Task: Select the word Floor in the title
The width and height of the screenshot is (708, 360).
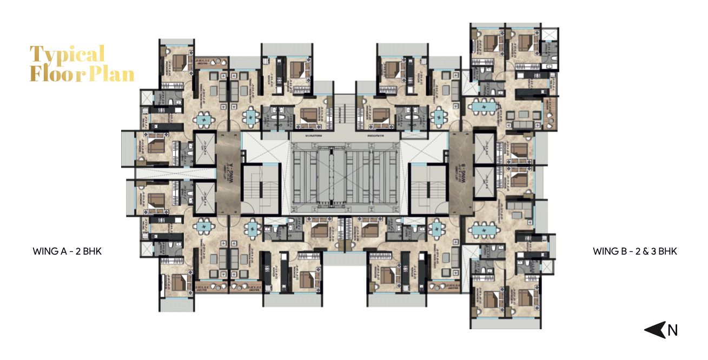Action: [x=51, y=74]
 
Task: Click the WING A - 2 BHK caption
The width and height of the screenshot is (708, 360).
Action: [x=67, y=251]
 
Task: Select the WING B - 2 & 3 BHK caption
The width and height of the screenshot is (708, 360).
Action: [x=635, y=251]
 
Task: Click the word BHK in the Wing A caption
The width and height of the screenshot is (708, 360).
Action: [x=92, y=251]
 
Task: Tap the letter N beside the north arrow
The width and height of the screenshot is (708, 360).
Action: [x=672, y=330]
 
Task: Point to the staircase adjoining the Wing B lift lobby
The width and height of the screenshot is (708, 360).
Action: [x=428, y=189]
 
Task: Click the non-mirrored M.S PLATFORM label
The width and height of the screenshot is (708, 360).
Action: [x=314, y=136]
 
